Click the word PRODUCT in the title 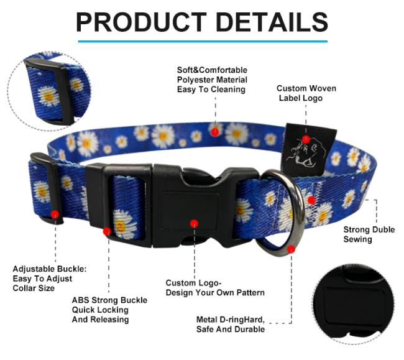(x=141, y=22)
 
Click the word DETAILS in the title (x=272, y=22)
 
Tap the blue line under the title (x=203, y=41)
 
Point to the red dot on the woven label (x=306, y=139)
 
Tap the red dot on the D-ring (x=291, y=249)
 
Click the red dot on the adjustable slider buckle (x=55, y=214)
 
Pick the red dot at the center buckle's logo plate (x=194, y=223)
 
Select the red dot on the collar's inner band (x=214, y=132)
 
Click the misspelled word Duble (x=383, y=229)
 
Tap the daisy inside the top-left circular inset (x=48, y=96)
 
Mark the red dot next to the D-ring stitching (x=311, y=200)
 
